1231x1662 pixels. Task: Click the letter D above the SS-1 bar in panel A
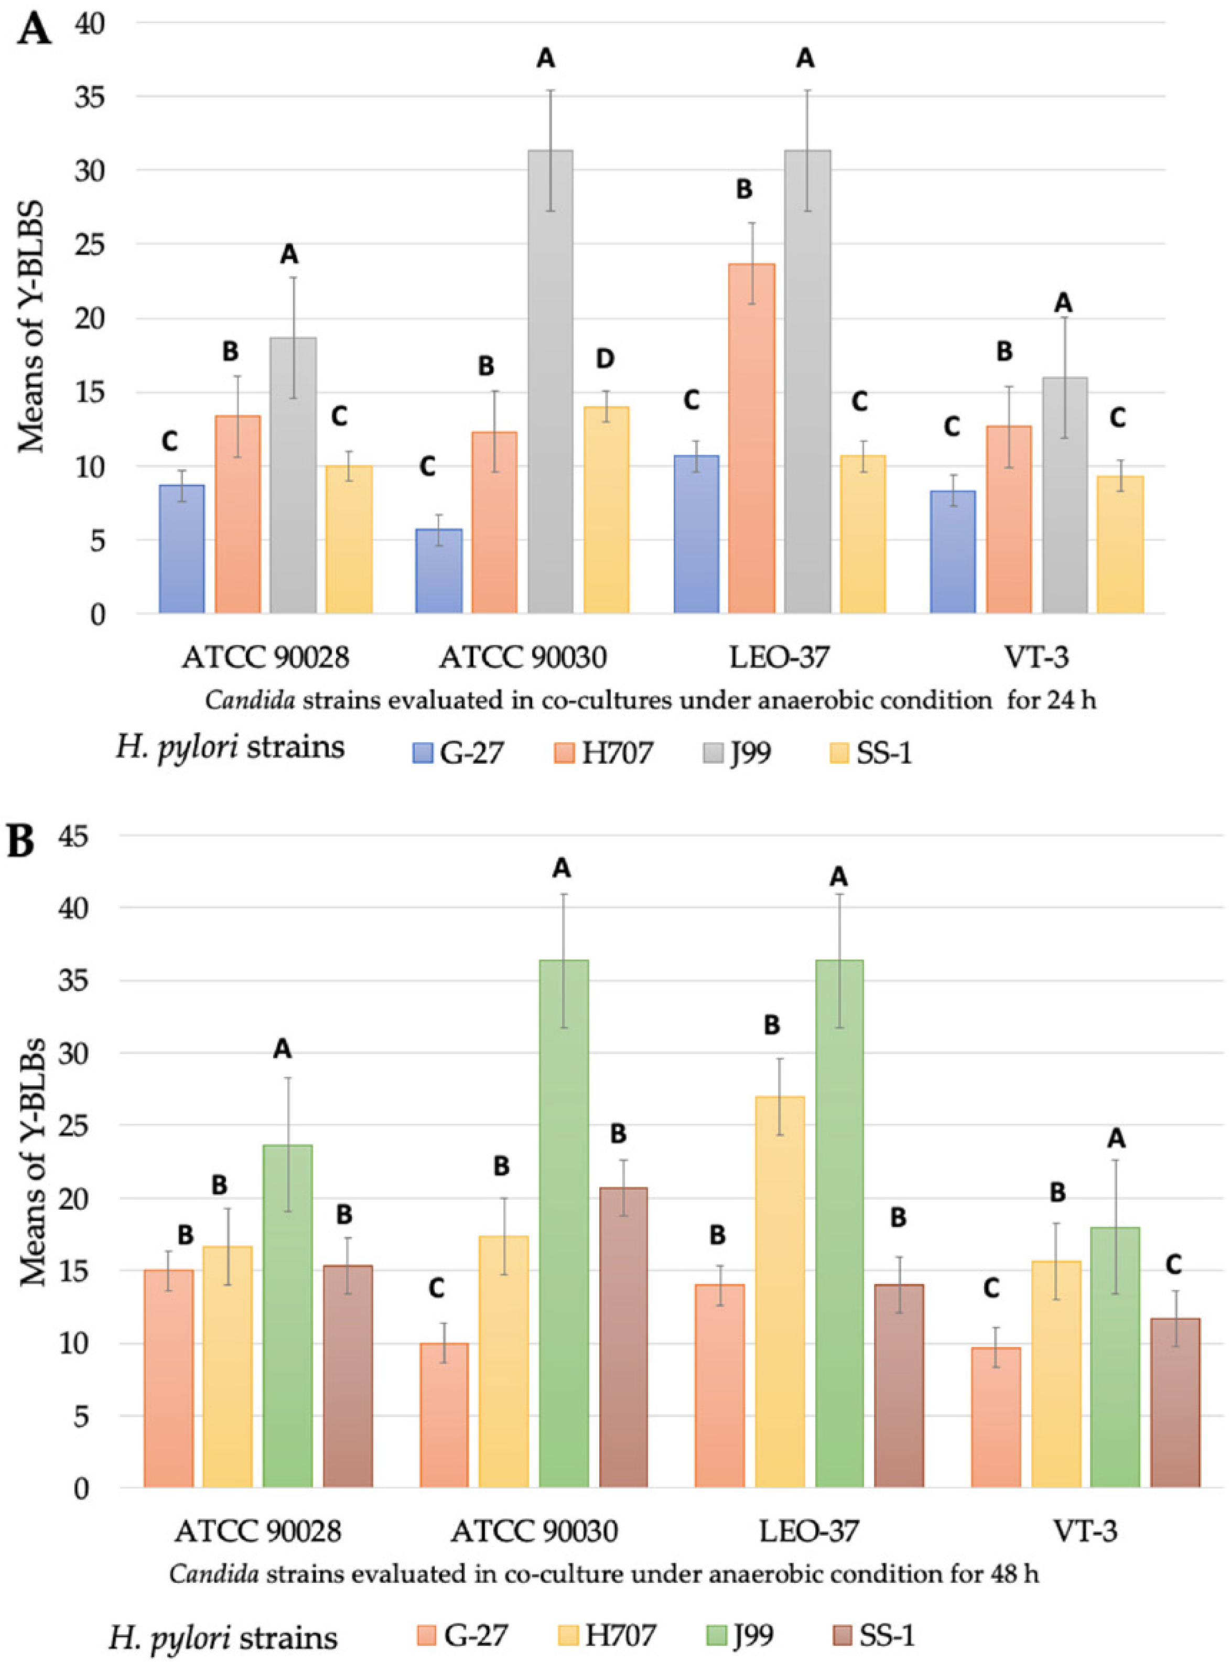pyautogui.click(x=604, y=359)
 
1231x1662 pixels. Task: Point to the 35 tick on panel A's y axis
pyautogui.click(x=90, y=97)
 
